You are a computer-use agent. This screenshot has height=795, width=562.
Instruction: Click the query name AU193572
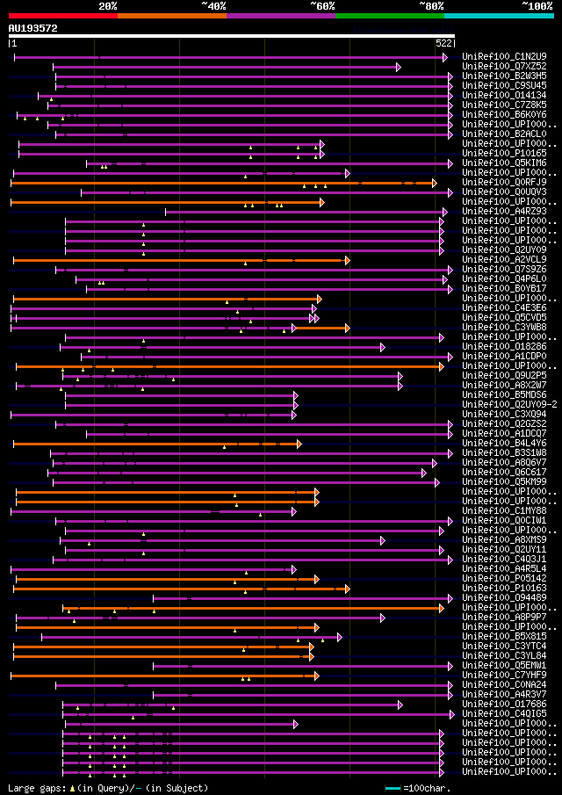coord(33,28)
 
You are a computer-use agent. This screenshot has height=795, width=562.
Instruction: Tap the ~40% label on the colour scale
coord(213,5)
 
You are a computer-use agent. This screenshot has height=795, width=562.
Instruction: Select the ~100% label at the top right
coord(537,5)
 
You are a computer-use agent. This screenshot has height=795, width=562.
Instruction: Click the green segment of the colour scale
coord(389,15)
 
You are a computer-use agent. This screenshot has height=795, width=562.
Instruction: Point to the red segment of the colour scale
coord(62,15)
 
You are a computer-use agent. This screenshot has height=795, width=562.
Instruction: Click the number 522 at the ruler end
coord(443,43)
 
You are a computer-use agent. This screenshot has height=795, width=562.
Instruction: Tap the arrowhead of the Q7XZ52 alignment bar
coord(399,67)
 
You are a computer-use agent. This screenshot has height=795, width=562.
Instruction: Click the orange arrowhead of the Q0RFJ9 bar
coord(434,183)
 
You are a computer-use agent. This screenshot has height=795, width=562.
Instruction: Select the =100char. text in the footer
coord(429,788)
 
